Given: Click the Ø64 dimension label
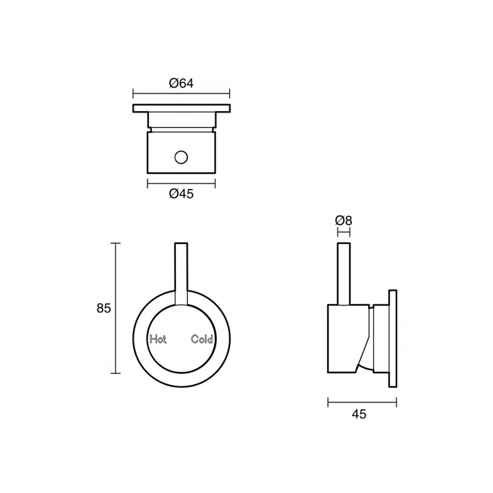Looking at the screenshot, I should click(180, 83).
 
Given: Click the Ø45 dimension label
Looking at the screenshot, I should click(180, 194).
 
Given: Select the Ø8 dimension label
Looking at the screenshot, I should click(343, 220).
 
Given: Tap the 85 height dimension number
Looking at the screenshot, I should click(104, 308).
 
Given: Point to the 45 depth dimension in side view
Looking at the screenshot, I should click(359, 414).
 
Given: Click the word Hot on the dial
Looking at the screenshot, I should click(158, 339).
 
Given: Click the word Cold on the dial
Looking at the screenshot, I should click(202, 339).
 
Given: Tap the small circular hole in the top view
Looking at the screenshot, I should click(181, 157).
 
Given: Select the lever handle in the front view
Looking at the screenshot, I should click(182, 270).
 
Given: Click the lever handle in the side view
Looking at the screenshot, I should click(343, 272).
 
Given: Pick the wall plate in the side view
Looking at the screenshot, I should click(394, 337).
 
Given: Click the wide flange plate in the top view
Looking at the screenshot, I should click(181, 109).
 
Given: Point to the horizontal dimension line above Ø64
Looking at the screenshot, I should click(181, 93).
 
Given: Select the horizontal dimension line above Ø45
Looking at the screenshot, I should click(181, 181).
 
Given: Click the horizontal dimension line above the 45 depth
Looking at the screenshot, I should click(362, 401).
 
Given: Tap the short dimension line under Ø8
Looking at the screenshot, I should click(343, 232).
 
